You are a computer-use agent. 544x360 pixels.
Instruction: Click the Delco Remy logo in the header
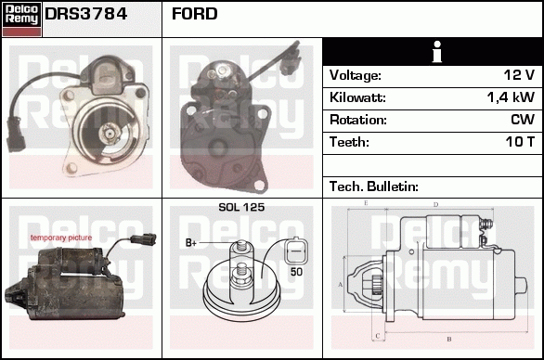[x=21, y=19]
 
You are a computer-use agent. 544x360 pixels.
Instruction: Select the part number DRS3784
[x=86, y=14]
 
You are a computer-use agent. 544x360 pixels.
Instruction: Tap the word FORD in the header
[x=194, y=14]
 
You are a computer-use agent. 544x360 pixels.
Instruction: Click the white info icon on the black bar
[x=437, y=52]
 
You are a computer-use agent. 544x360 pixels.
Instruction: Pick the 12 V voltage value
[x=519, y=75]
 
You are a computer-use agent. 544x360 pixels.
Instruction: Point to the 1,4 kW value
[x=511, y=97]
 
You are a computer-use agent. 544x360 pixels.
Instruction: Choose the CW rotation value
[x=523, y=120]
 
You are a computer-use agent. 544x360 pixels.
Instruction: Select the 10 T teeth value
[x=520, y=142]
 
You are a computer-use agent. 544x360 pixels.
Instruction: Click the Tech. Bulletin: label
[x=374, y=186]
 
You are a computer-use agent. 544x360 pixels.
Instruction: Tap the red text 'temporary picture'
[x=61, y=238]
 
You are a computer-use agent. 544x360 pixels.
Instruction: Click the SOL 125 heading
[x=241, y=207]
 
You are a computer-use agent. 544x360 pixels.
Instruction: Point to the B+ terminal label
[x=191, y=243]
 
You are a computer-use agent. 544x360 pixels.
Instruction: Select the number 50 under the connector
[x=297, y=272]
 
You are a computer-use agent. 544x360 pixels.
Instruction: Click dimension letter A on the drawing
[x=341, y=285]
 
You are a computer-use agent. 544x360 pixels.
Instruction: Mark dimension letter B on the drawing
[x=449, y=340]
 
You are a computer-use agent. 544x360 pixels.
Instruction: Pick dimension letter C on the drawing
[x=378, y=336]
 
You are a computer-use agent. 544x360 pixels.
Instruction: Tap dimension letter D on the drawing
[x=436, y=205]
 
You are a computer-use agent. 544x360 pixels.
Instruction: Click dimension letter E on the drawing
[x=366, y=203]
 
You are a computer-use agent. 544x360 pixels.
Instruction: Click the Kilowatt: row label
[x=357, y=97]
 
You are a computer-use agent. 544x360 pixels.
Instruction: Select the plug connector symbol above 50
[x=296, y=251]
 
